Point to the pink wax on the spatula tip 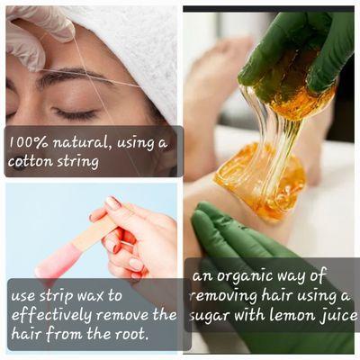pyautogui.click(x=54, y=266)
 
